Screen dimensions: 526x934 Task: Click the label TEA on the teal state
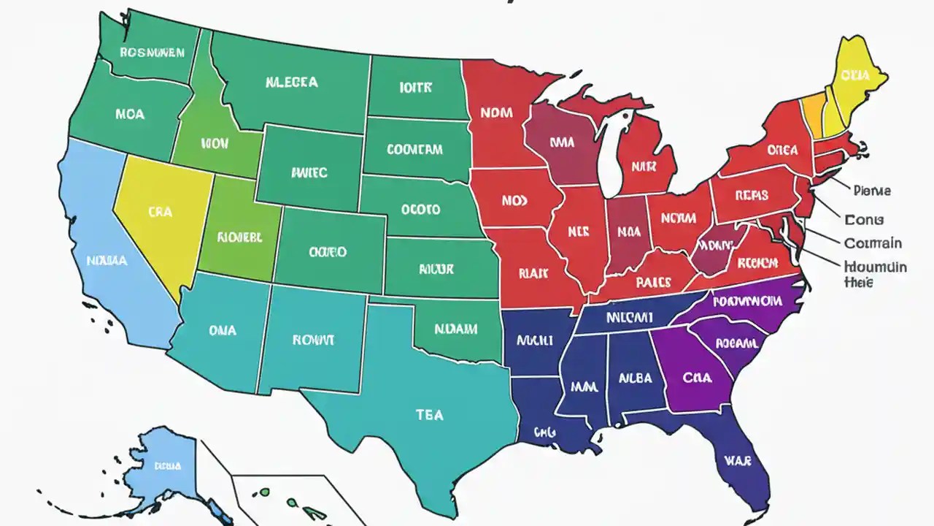429,414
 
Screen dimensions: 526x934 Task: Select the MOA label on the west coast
130,114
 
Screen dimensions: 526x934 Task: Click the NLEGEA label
291,83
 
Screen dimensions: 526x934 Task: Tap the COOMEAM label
414,150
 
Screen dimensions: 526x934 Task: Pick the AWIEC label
309,173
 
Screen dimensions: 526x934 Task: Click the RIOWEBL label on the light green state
240,237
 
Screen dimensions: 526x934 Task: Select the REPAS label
752,195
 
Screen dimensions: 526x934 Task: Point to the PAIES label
653,281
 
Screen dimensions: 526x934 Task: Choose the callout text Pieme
871,191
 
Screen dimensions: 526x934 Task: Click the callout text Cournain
872,243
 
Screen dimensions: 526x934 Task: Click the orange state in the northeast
812,113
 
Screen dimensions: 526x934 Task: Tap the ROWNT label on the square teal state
313,340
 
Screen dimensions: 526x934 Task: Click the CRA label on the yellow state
160,212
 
